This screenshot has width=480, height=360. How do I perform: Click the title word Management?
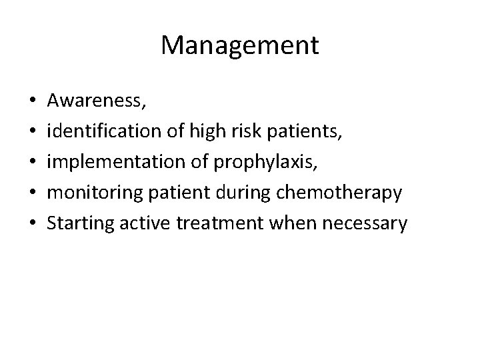point(240,45)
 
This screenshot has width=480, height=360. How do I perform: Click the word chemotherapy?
point(345,193)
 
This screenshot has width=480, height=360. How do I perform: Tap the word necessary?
point(363,223)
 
